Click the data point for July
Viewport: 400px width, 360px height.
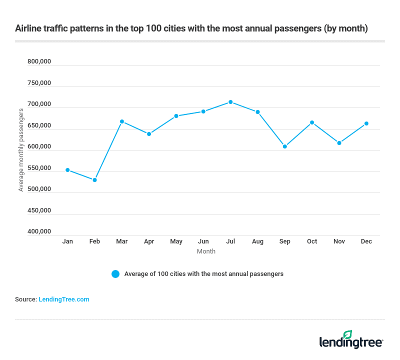pyautogui.click(x=230, y=102)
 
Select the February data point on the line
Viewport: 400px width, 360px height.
pyautogui.click(x=94, y=180)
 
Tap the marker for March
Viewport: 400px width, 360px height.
pyautogui.click(x=122, y=121)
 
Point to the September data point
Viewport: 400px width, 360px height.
pyautogui.click(x=284, y=146)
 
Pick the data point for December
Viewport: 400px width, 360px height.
pyautogui.click(x=366, y=123)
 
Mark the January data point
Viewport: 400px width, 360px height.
pyautogui.click(x=67, y=170)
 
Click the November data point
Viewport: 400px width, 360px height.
pyautogui.click(x=339, y=143)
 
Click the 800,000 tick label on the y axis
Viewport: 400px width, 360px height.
pyautogui.click(x=39, y=62)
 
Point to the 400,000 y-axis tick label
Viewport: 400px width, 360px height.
pyautogui.click(x=39, y=232)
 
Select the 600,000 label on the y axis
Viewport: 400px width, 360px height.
pyautogui.click(x=39, y=147)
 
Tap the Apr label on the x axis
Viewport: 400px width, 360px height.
pyautogui.click(x=149, y=241)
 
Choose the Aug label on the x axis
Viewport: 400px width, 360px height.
pyautogui.click(x=257, y=241)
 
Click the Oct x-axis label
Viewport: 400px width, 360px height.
pyautogui.click(x=312, y=241)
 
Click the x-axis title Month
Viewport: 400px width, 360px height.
pyautogui.click(x=206, y=251)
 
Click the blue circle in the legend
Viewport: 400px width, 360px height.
pyautogui.click(x=115, y=274)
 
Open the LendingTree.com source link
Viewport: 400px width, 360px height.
pyautogui.click(x=64, y=299)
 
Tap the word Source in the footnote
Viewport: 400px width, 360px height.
pyautogui.click(x=25, y=299)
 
